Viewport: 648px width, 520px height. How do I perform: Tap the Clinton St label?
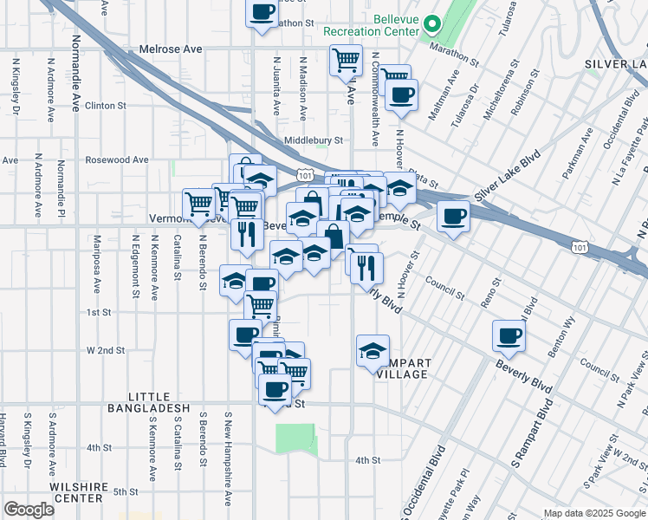tap(106, 106)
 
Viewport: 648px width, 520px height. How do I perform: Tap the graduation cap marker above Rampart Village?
tap(373, 351)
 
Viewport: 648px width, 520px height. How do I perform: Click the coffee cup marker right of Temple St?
tap(452, 217)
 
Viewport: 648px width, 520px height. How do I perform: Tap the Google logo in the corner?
tap(29, 510)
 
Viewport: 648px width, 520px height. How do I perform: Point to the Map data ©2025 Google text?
tap(593, 513)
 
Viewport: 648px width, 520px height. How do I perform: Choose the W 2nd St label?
tap(106, 351)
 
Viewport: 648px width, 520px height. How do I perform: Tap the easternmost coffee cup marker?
tap(509, 336)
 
